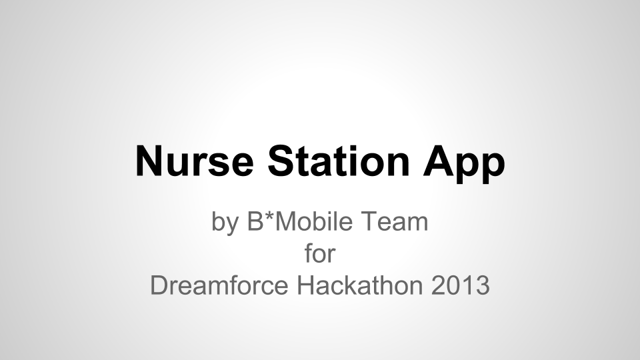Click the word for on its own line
(319, 253)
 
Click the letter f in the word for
(309, 253)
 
